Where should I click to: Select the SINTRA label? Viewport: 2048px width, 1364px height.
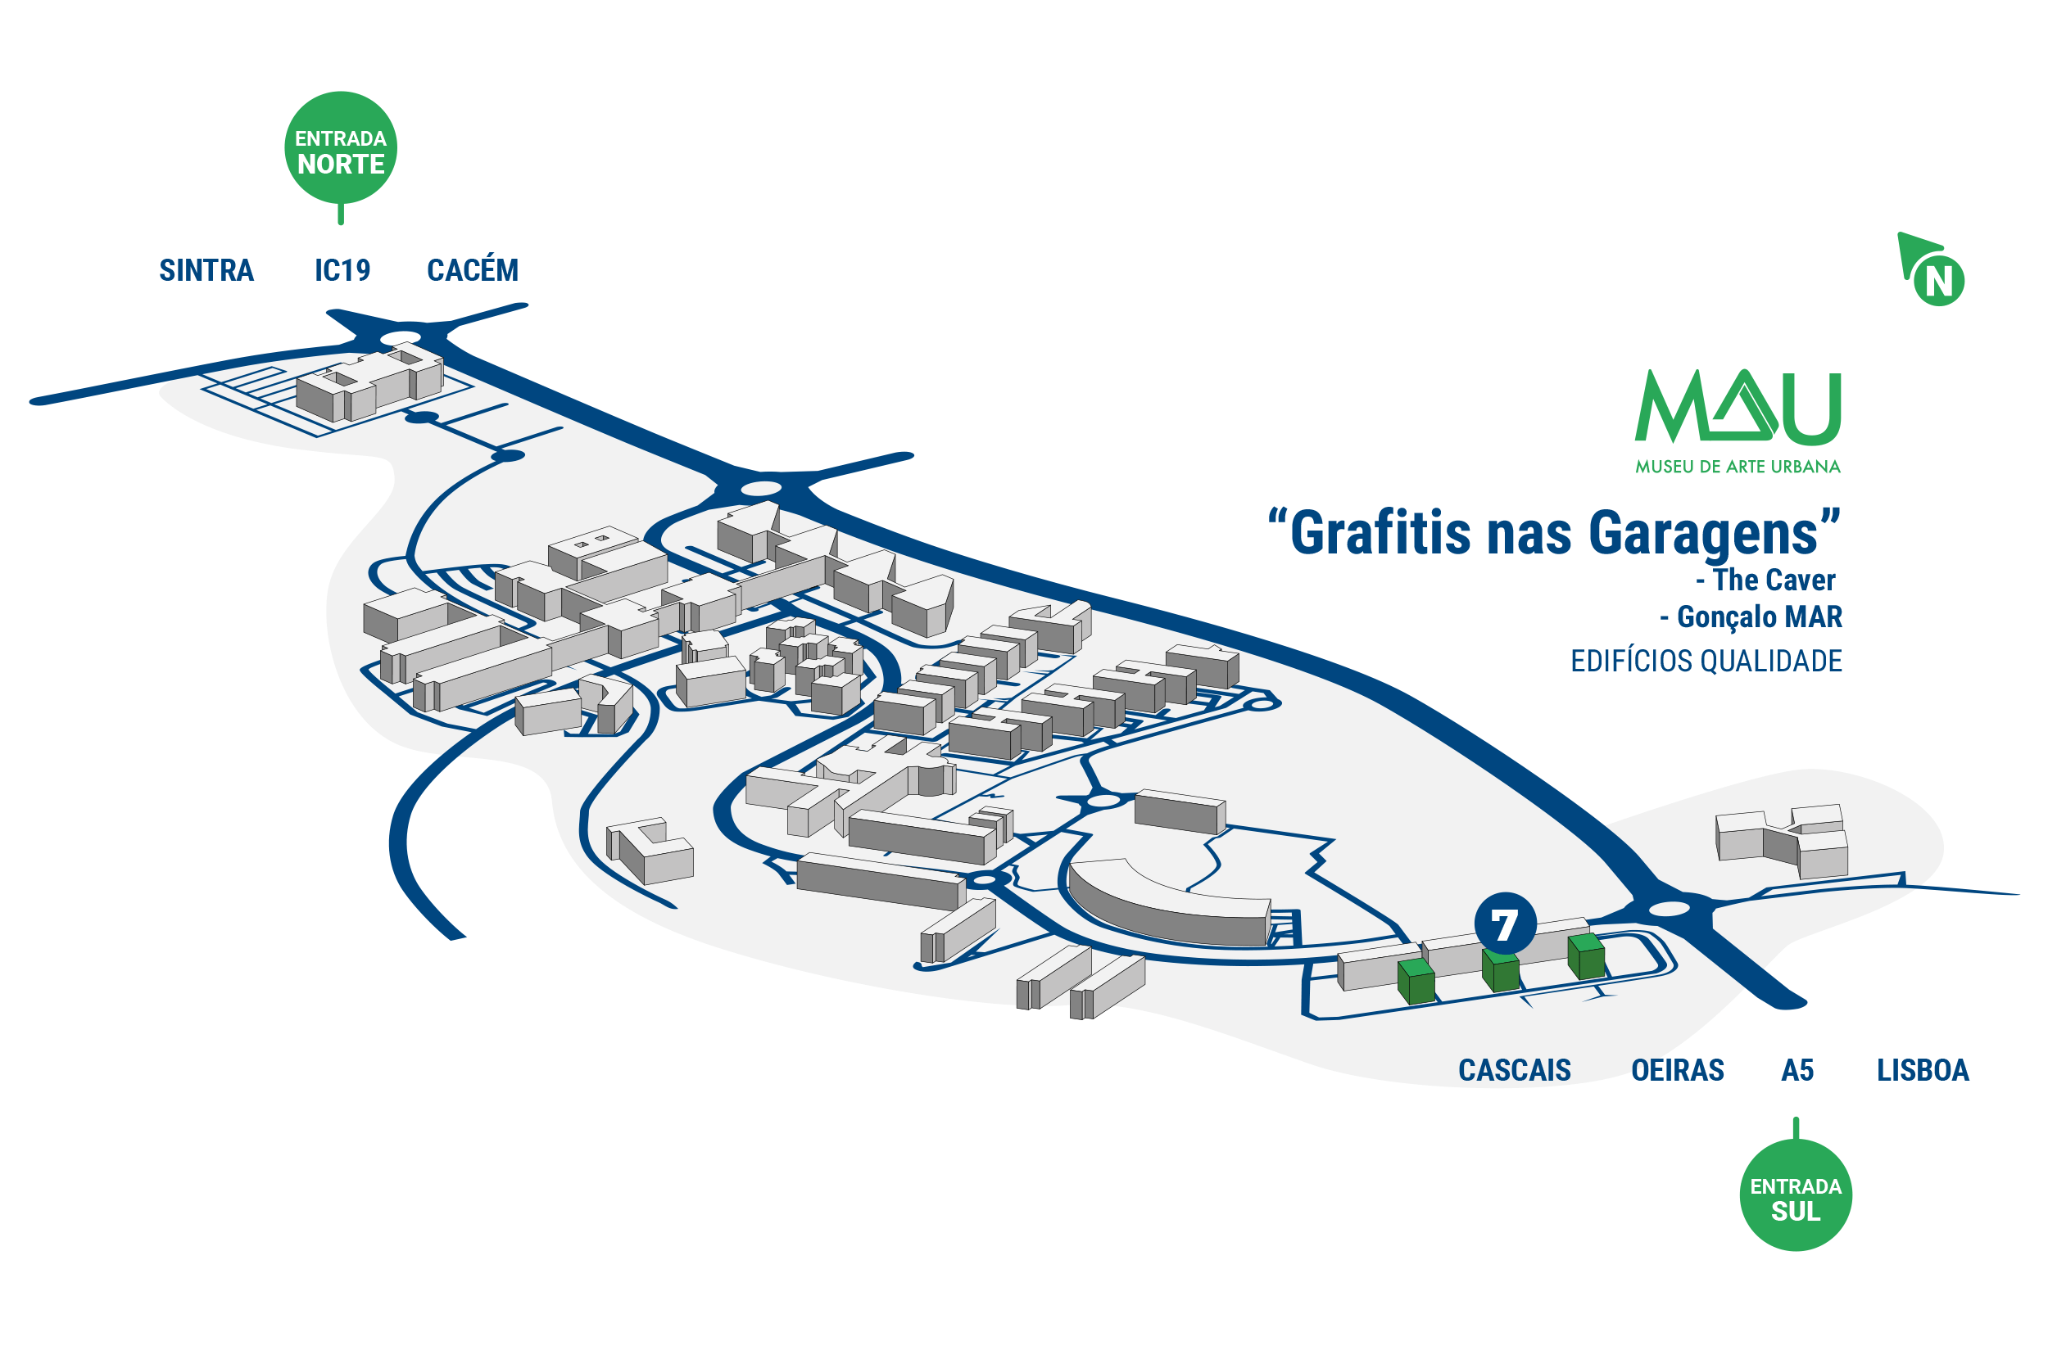click(206, 270)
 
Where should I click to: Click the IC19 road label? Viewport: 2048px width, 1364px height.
click(342, 270)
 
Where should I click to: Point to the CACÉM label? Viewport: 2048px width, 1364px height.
click(473, 269)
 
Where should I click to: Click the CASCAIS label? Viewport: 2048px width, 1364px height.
click(1515, 1070)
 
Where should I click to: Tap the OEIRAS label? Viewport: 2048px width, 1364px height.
click(1677, 1070)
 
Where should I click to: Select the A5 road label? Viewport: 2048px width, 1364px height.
click(1797, 1070)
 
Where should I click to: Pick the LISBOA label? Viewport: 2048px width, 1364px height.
click(1923, 1070)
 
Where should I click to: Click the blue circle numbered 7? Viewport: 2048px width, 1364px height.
click(1505, 923)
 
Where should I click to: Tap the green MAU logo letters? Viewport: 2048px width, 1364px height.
click(1738, 406)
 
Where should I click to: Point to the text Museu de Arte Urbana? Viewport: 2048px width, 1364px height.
click(1738, 467)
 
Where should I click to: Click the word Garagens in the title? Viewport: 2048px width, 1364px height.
click(1702, 533)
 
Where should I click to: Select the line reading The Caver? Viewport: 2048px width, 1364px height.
click(1765, 580)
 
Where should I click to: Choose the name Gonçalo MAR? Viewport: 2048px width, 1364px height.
click(1751, 617)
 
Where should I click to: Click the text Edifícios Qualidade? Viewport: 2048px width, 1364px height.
click(1706, 662)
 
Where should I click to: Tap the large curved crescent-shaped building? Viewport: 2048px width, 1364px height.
click(1167, 905)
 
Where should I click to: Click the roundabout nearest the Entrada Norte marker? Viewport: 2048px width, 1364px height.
click(401, 337)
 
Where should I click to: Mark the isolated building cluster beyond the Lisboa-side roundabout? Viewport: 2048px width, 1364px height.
click(1781, 841)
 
